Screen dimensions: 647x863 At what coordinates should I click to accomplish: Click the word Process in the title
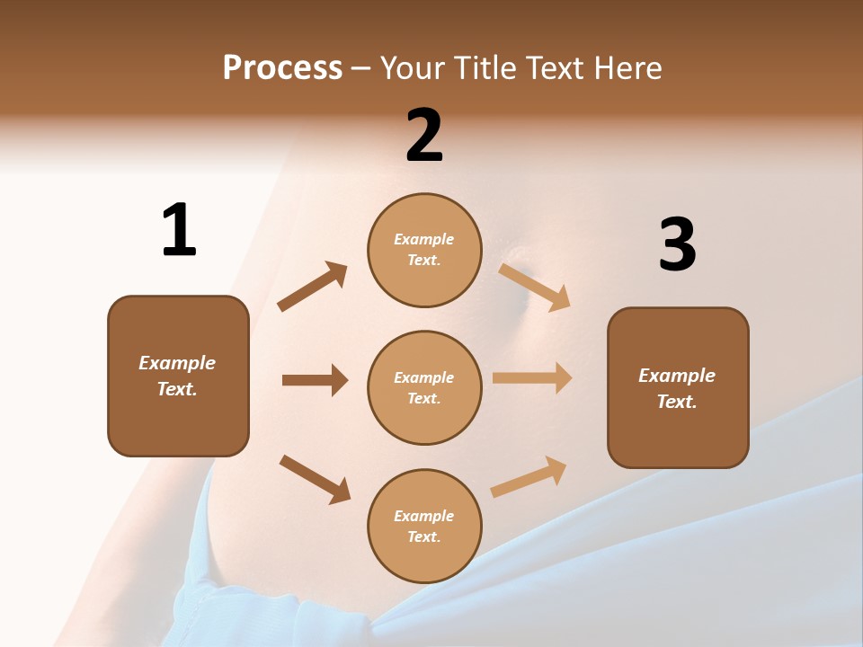(282, 68)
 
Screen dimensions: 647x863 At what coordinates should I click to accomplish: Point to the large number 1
(179, 230)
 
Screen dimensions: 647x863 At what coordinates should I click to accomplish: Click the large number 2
(424, 137)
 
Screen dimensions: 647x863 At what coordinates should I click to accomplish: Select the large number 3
(677, 245)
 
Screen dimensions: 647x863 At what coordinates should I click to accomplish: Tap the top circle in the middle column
(424, 250)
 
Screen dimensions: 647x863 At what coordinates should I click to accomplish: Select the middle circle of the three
(424, 387)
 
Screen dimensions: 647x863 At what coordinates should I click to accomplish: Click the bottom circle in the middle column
(424, 526)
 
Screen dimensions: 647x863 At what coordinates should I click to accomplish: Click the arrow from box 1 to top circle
(312, 287)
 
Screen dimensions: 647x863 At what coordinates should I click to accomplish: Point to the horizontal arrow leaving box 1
(315, 380)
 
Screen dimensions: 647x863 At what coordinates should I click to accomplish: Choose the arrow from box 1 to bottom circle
(315, 479)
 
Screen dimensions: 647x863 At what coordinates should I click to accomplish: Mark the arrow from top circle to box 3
(535, 287)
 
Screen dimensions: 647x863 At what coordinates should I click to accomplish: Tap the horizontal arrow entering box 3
(532, 378)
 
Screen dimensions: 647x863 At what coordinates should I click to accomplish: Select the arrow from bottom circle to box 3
(529, 476)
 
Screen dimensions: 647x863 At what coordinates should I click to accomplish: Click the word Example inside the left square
(177, 363)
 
